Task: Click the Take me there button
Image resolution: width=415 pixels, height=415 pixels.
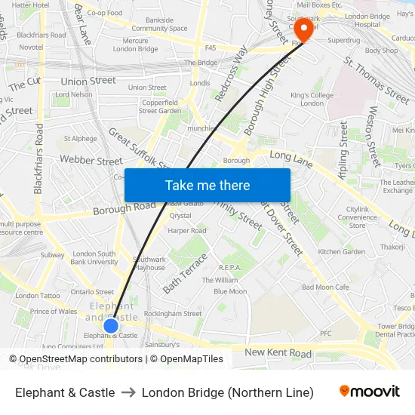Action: coord(207,185)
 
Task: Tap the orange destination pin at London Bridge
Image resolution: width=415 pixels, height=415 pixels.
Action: coord(303,29)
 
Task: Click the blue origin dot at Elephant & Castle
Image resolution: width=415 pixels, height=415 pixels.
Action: coord(111,325)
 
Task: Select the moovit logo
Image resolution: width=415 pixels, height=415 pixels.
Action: coord(370,392)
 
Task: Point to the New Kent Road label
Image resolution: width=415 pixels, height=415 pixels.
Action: coord(278,352)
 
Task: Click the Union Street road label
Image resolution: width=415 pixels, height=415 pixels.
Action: coord(89,81)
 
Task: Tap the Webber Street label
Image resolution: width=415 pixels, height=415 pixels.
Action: coord(91,161)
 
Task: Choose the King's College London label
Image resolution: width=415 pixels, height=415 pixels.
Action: coord(312,100)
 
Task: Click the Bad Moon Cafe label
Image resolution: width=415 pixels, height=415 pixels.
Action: coord(325,287)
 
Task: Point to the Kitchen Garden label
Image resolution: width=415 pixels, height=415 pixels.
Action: coord(342,252)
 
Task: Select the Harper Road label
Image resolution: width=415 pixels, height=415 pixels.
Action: coord(188,231)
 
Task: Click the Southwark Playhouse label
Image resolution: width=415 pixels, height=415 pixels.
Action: coord(149,263)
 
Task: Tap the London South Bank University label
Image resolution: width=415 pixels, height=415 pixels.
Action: coord(96,258)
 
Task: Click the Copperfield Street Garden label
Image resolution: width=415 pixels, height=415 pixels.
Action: coord(160,106)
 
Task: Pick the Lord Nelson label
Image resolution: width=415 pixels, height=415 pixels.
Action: coord(74,95)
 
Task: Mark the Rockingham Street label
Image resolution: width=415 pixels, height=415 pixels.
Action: coord(173,313)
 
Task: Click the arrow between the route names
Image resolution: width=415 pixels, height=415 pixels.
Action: coord(128,392)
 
